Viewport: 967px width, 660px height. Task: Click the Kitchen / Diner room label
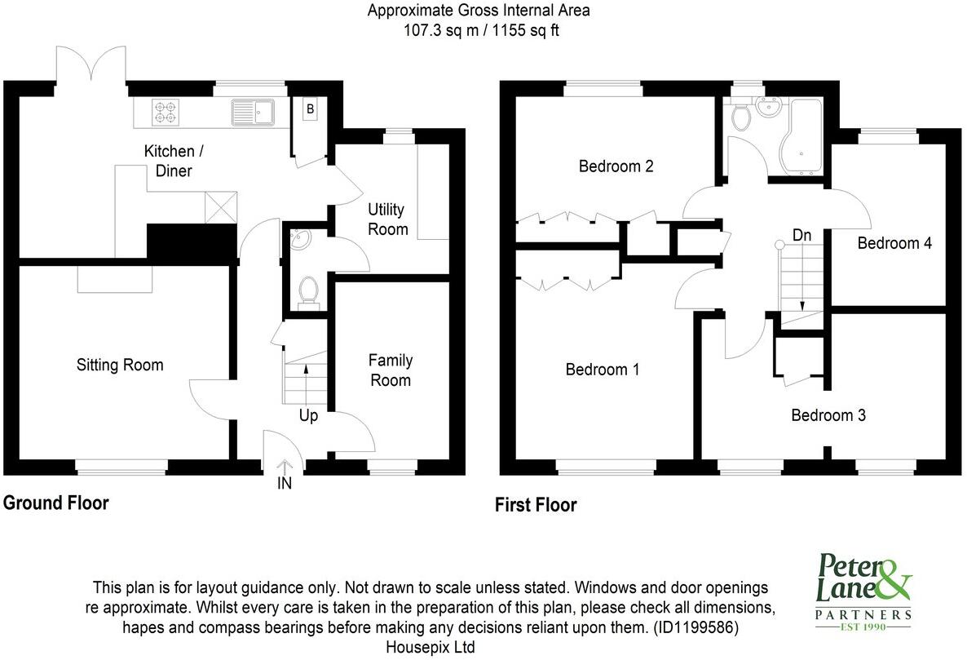click(x=169, y=161)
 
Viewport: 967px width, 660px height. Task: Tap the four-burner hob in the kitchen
click(x=166, y=112)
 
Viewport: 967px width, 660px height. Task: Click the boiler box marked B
click(x=311, y=109)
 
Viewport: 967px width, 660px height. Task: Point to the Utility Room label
click(x=387, y=219)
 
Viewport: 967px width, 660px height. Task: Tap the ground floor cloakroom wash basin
click(x=301, y=239)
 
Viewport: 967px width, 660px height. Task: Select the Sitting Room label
click(x=120, y=365)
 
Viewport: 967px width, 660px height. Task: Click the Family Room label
click(x=391, y=370)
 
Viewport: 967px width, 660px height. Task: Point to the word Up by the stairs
click(x=308, y=416)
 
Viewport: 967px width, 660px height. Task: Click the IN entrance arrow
click(x=285, y=475)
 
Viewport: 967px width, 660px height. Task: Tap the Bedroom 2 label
click(x=616, y=166)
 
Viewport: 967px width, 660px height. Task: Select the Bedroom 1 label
click(x=603, y=370)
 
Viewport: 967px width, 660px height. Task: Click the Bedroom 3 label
click(x=828, y=415)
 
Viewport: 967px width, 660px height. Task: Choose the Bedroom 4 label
click(x=894, y=243)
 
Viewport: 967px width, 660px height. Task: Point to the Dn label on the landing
click(x=802, y=235)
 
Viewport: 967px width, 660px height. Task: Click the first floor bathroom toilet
click(x=741, y=117)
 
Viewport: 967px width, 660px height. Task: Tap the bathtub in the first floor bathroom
click(x=802, y=136)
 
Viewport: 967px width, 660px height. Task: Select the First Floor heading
click(x=536, y=505)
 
